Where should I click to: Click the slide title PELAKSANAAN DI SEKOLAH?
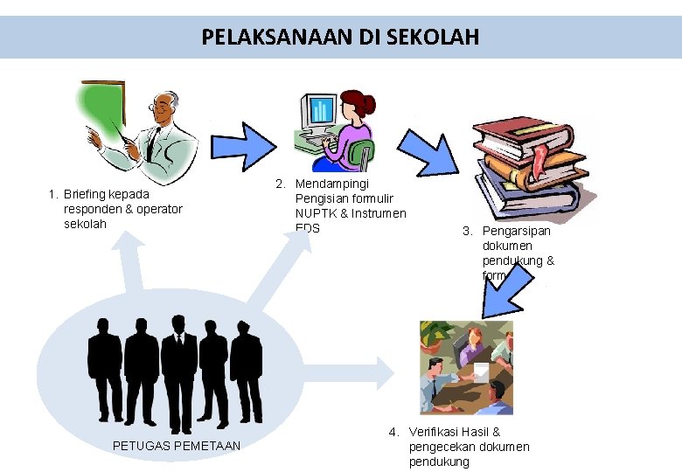point(340,38)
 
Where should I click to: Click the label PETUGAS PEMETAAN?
point(177,447)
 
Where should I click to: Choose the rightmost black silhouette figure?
point(247,371)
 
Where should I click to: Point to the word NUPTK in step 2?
point(314,213)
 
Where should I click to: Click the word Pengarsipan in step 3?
point(517,231)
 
